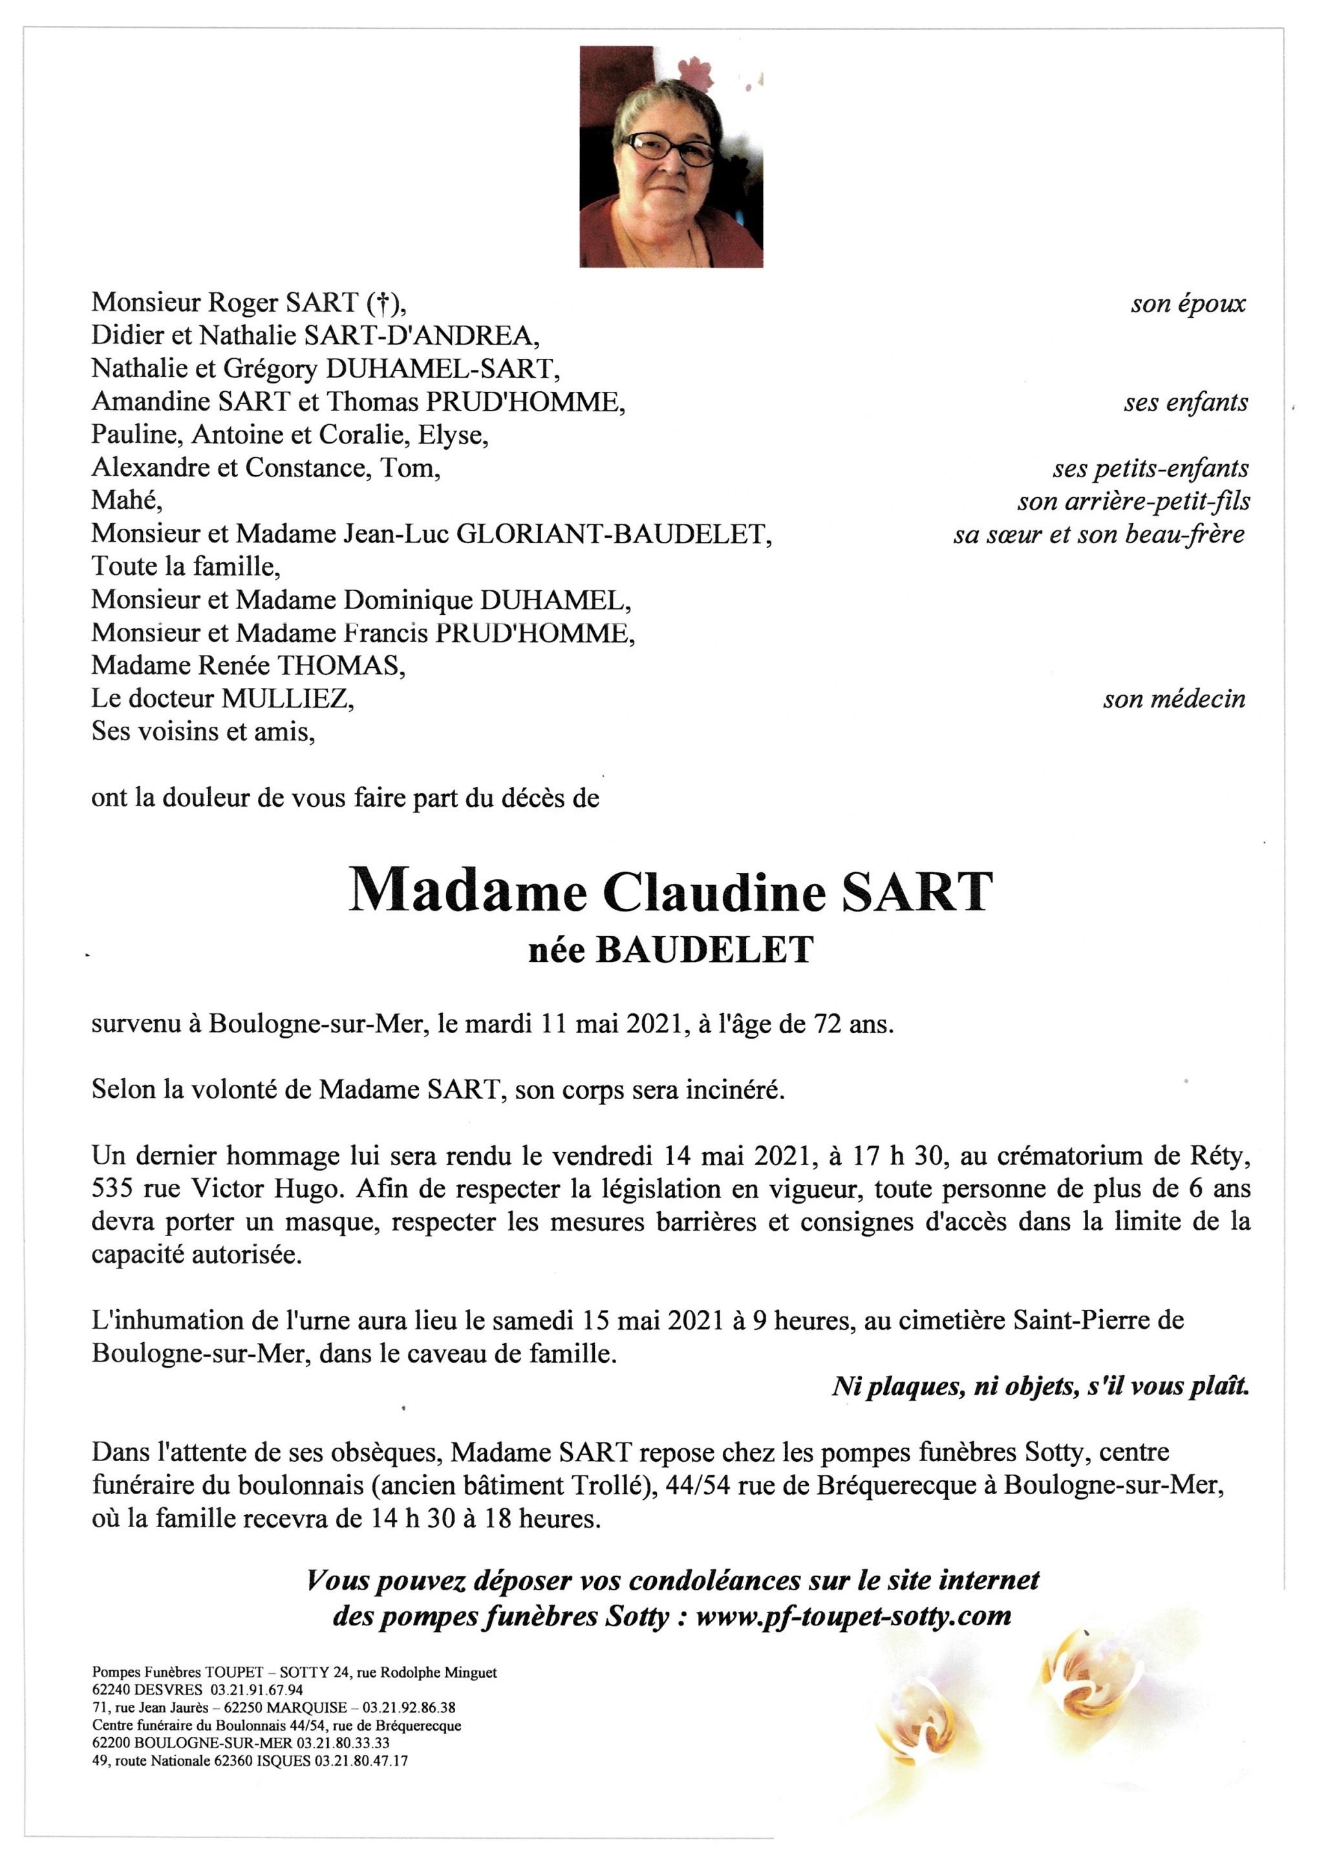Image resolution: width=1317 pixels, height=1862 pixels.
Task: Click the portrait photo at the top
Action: tap(670, 156)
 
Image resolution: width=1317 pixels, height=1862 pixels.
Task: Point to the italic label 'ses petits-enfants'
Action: tap(1150, 469)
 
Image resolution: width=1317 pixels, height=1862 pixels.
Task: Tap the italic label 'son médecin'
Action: tap(1173, 699)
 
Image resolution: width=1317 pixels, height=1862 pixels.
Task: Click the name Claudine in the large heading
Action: tap(714, 892)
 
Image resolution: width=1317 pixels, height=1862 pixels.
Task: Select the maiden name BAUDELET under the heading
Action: tap(705, 950)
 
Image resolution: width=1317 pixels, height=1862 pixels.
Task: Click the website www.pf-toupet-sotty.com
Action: tap(853, 1616)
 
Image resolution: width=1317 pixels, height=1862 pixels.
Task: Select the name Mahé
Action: tap(127, 500)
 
